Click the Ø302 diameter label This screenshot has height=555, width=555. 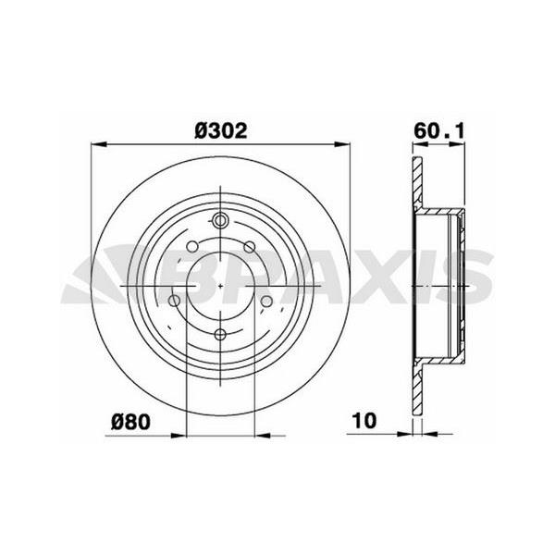click(x=221, y=131)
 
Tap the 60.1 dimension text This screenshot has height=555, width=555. click(x=438, y=131)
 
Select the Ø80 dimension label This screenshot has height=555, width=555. click(x=130, y=422)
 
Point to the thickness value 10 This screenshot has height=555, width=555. click(x=364, y=421)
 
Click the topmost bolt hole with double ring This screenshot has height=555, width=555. click(x=220, y=220)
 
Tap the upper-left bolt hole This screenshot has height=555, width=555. click(x=192, y=246)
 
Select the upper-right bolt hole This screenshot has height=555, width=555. click(x=250, y=247)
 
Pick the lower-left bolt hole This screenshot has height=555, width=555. click(x=174, y=302)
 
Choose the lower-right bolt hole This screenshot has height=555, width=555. click(x=266, y=302)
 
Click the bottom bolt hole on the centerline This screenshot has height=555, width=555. click(x=220, y=334)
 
